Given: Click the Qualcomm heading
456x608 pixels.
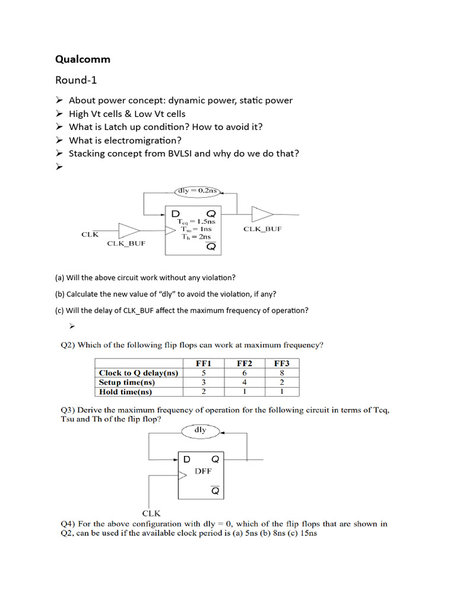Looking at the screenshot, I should point(83,59).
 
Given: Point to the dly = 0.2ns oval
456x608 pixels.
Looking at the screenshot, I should point(198,191).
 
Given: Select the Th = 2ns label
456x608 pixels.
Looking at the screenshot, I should point(196,236).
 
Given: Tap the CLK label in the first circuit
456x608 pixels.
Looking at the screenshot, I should point(90,235).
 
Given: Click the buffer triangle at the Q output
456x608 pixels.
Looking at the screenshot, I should point(262,214).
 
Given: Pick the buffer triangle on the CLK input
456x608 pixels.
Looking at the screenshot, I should point(129,230).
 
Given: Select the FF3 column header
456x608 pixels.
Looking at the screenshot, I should point(281,363).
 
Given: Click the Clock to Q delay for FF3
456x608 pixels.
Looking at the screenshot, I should point(281,373).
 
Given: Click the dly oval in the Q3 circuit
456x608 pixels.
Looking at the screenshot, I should point(200,430).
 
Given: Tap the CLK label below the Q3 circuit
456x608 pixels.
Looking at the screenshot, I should point(151,513).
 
